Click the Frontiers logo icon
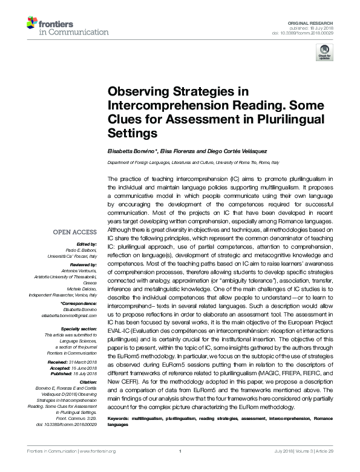coord(32,24)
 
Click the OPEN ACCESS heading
coord(74,232)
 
